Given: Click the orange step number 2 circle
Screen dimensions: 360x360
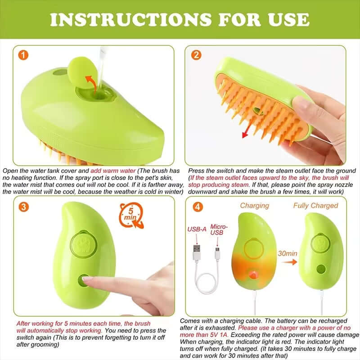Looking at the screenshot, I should tap(196, 55).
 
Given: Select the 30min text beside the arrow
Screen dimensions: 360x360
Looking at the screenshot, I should tap(287, 253).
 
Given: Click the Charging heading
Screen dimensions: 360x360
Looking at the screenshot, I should tap(254, 206).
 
